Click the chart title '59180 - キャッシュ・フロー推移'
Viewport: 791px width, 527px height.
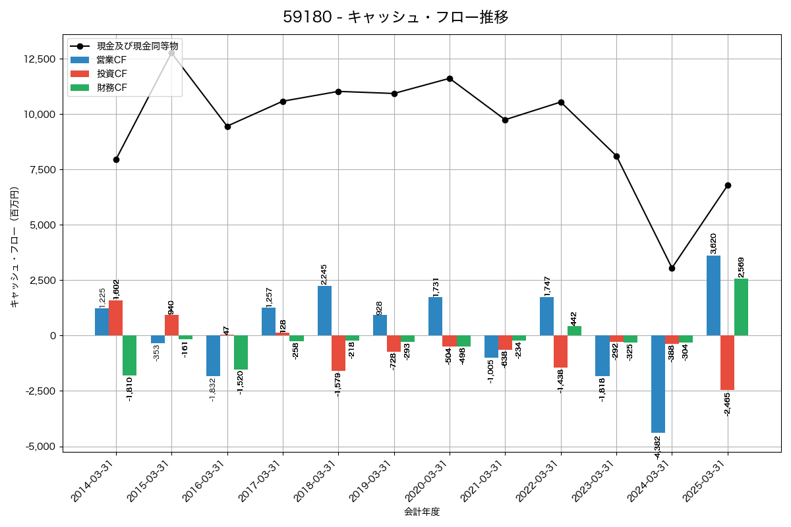click(395, 17)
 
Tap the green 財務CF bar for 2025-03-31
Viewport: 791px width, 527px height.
click(741, 307)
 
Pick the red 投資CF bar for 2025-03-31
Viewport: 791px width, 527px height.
click(727, 362)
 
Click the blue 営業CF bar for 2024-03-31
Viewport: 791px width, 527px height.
click(658, 383)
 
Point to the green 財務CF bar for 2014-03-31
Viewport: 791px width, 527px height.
click(129, 355)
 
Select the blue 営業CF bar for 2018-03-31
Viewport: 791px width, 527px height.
click(324, 310)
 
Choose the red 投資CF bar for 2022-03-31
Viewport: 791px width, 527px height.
click(560, 351)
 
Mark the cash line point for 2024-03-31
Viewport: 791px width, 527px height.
click(672, 268)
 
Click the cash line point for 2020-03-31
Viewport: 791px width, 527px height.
click(450, 78)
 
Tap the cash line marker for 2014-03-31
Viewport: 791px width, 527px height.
click(116, 159)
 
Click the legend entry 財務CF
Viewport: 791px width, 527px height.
click(111, 88)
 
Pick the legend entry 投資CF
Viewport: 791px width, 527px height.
click(111, 74)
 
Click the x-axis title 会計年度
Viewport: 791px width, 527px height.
click(422, 512)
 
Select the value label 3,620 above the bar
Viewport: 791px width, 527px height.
click(713, 243)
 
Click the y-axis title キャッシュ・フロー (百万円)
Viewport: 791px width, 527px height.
click(15, 247)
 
